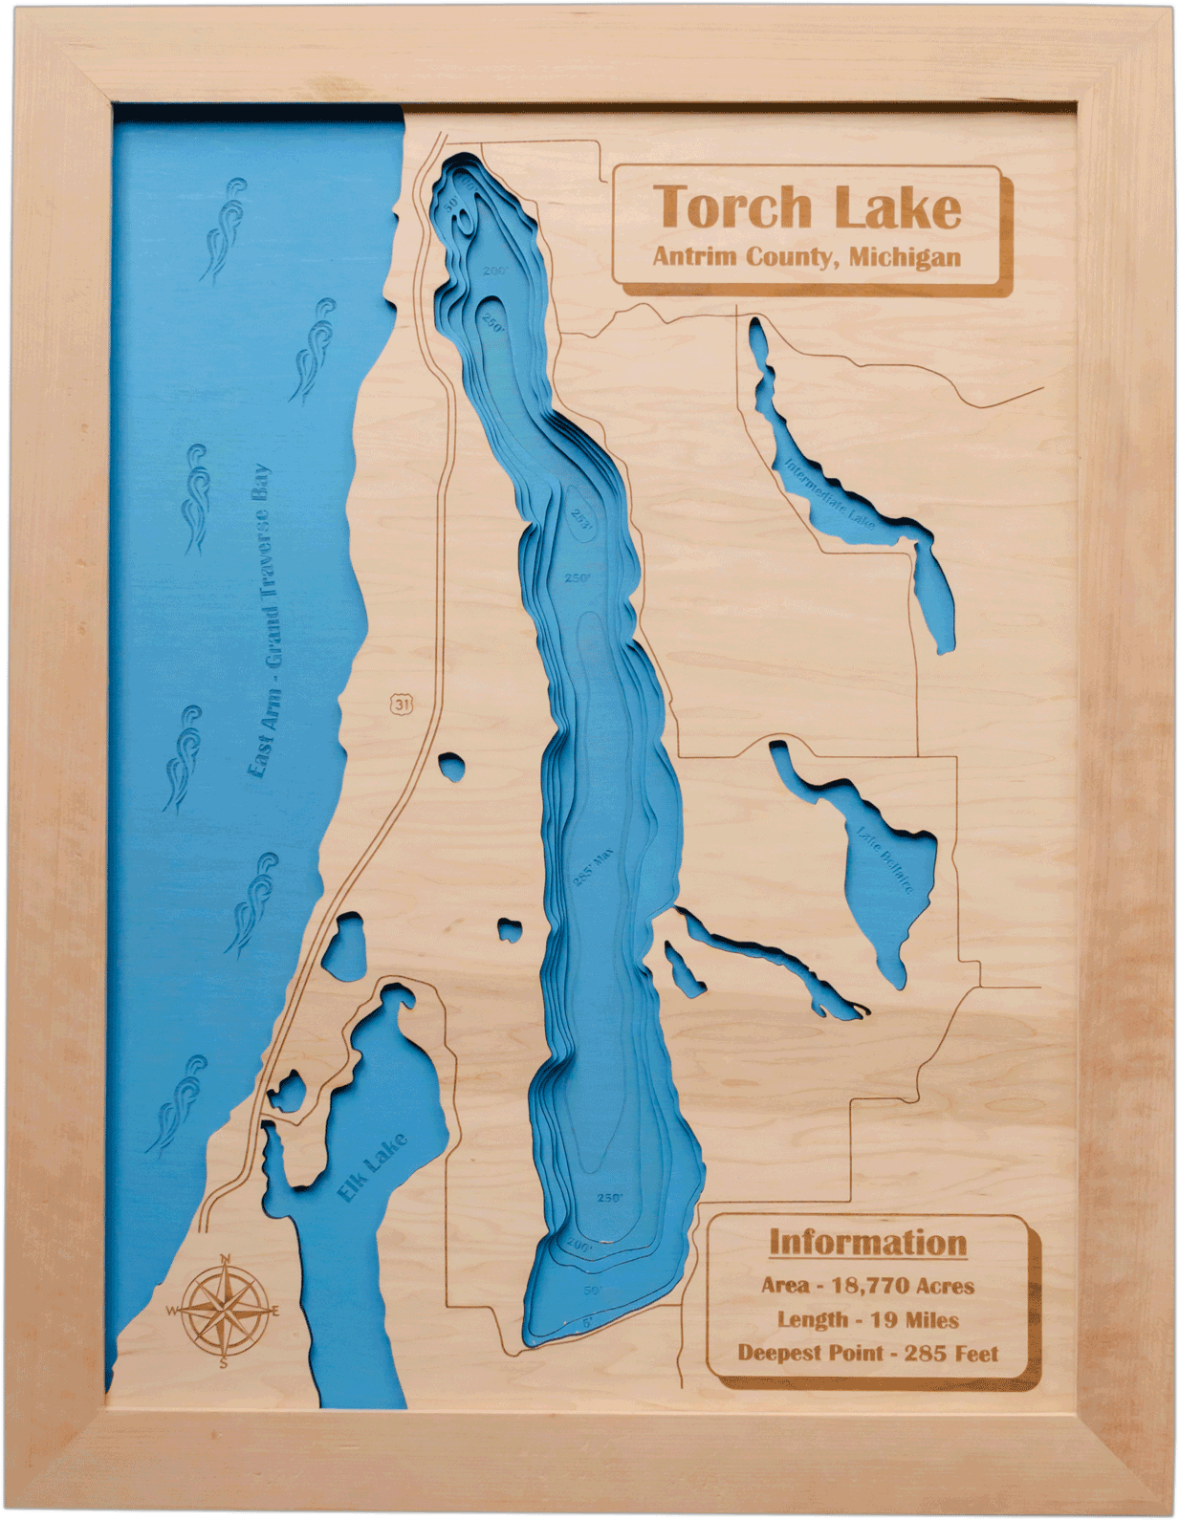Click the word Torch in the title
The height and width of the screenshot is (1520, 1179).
coord(731,206)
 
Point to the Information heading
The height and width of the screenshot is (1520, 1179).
coord(868,1243)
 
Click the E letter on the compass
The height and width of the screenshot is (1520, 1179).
coord(276,1310)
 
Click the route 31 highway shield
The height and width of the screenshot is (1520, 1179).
coord(402,704)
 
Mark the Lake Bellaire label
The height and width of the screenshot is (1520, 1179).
coord(885,858)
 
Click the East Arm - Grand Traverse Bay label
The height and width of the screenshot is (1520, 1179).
coord(259,621)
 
